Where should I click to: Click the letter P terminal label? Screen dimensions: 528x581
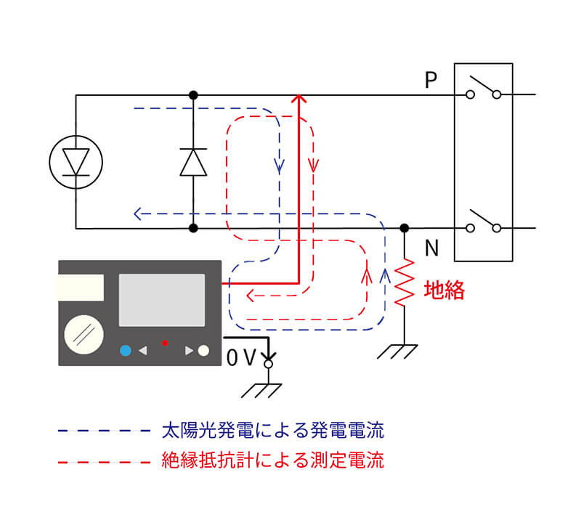point(431,80)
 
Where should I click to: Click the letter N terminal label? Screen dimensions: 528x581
point(431,249)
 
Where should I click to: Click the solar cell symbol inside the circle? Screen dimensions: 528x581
point(76,161)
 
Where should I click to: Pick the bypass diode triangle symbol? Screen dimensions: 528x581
point(193,161)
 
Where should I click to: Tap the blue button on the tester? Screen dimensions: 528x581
point(126,350)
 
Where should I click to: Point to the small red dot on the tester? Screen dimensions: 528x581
point(166,342)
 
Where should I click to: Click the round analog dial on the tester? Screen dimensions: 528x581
point(84,333)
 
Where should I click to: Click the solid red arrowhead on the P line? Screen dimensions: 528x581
point(298,99)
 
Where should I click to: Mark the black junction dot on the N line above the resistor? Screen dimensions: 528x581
point(405,228)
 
